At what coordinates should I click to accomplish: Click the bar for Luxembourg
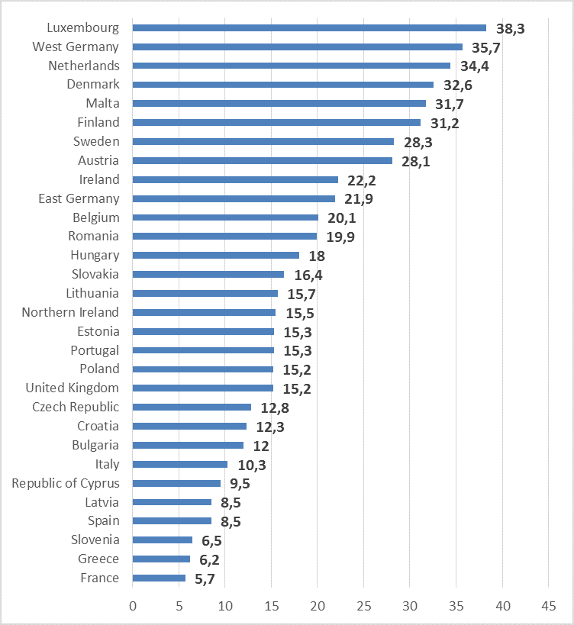click(309, 27)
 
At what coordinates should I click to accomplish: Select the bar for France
click(159, 578)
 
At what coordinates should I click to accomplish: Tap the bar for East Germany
click(234, 198)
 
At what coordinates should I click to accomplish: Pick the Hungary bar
click(216, 255)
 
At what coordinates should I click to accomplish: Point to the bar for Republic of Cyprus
click(176, 483)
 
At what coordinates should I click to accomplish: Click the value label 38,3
click(511, 28)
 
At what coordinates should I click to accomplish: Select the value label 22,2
click(363, 180)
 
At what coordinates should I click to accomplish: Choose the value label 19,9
click(340, 237)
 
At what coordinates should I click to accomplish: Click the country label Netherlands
click(84, 66)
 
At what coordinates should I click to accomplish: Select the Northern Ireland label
click(70, 312)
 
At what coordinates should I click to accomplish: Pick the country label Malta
click(102, 103)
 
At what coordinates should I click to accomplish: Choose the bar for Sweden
click(263, 141)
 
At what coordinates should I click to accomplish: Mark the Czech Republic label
click(76, 407)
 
